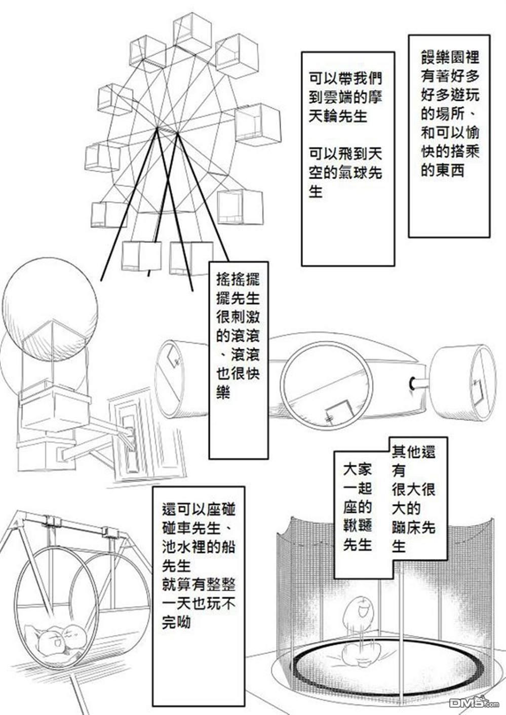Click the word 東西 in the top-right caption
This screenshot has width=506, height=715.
tap(442, 171)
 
